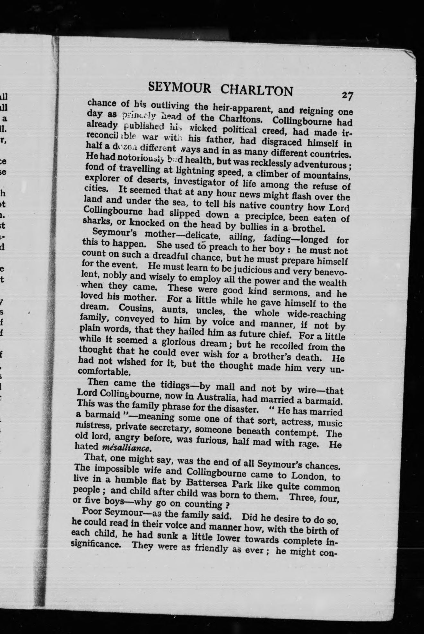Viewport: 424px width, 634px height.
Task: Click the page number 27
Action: [347, 96]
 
